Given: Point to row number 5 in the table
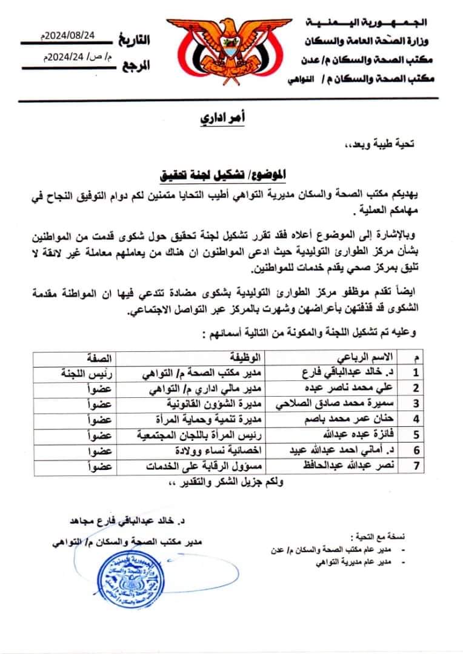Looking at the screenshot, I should [x=416, y=434].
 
